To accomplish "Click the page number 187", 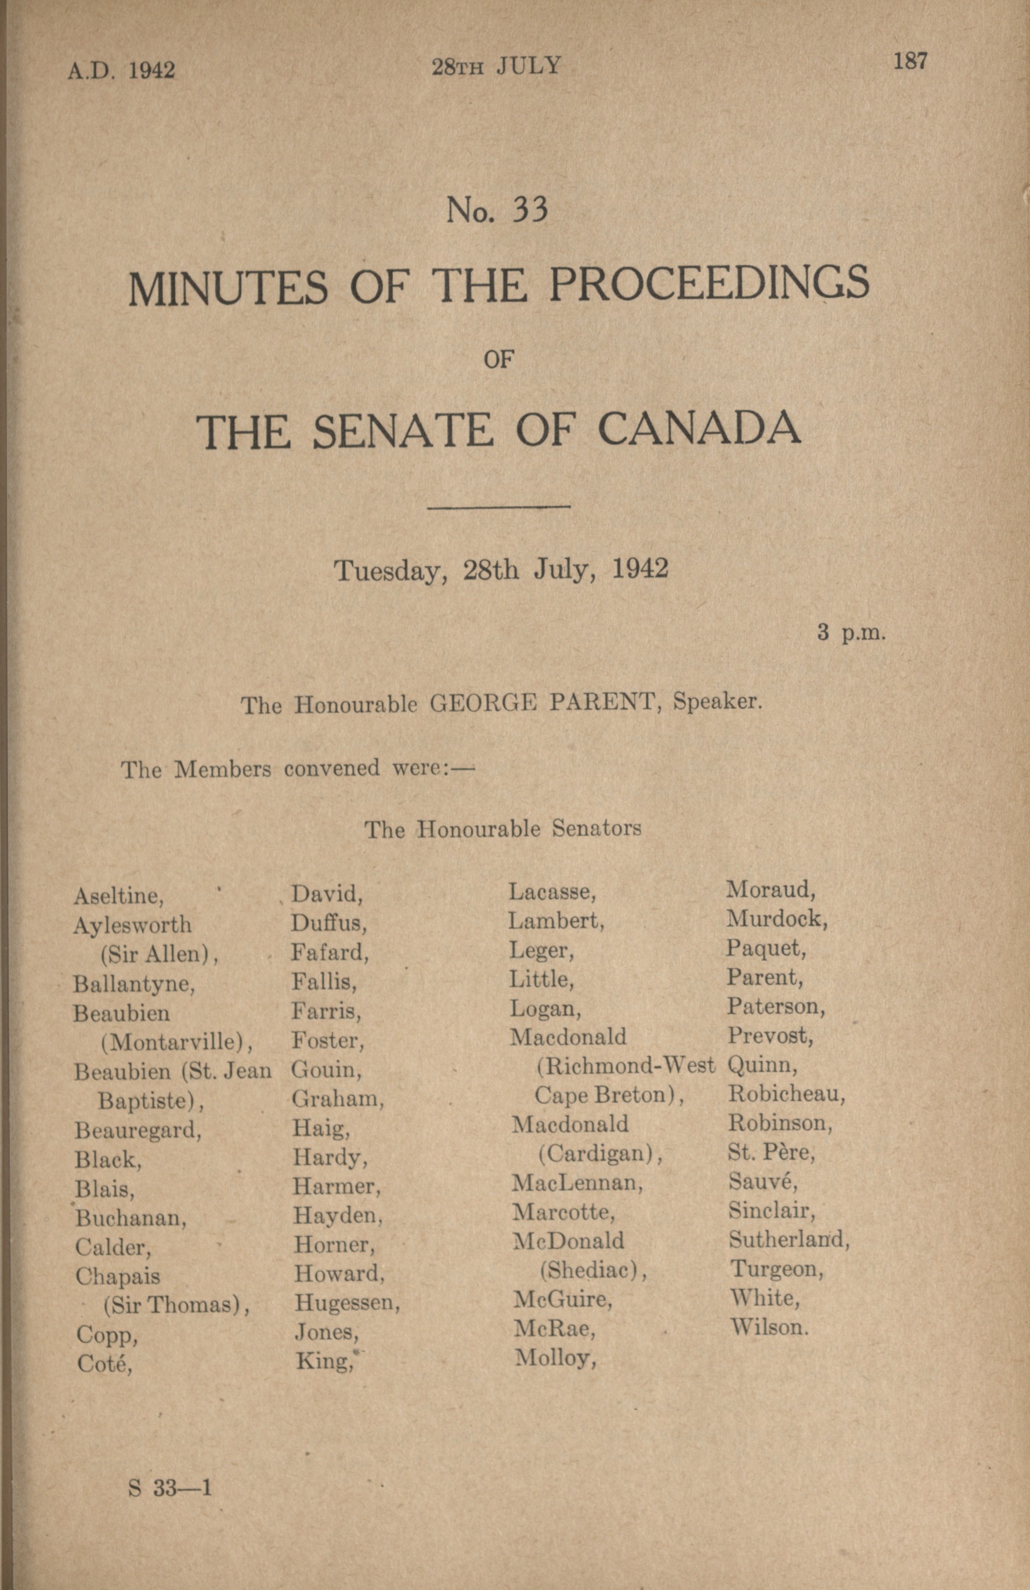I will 910,62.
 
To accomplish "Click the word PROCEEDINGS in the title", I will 709,284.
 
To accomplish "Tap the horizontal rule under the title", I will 498,506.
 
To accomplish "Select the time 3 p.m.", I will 851,632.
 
